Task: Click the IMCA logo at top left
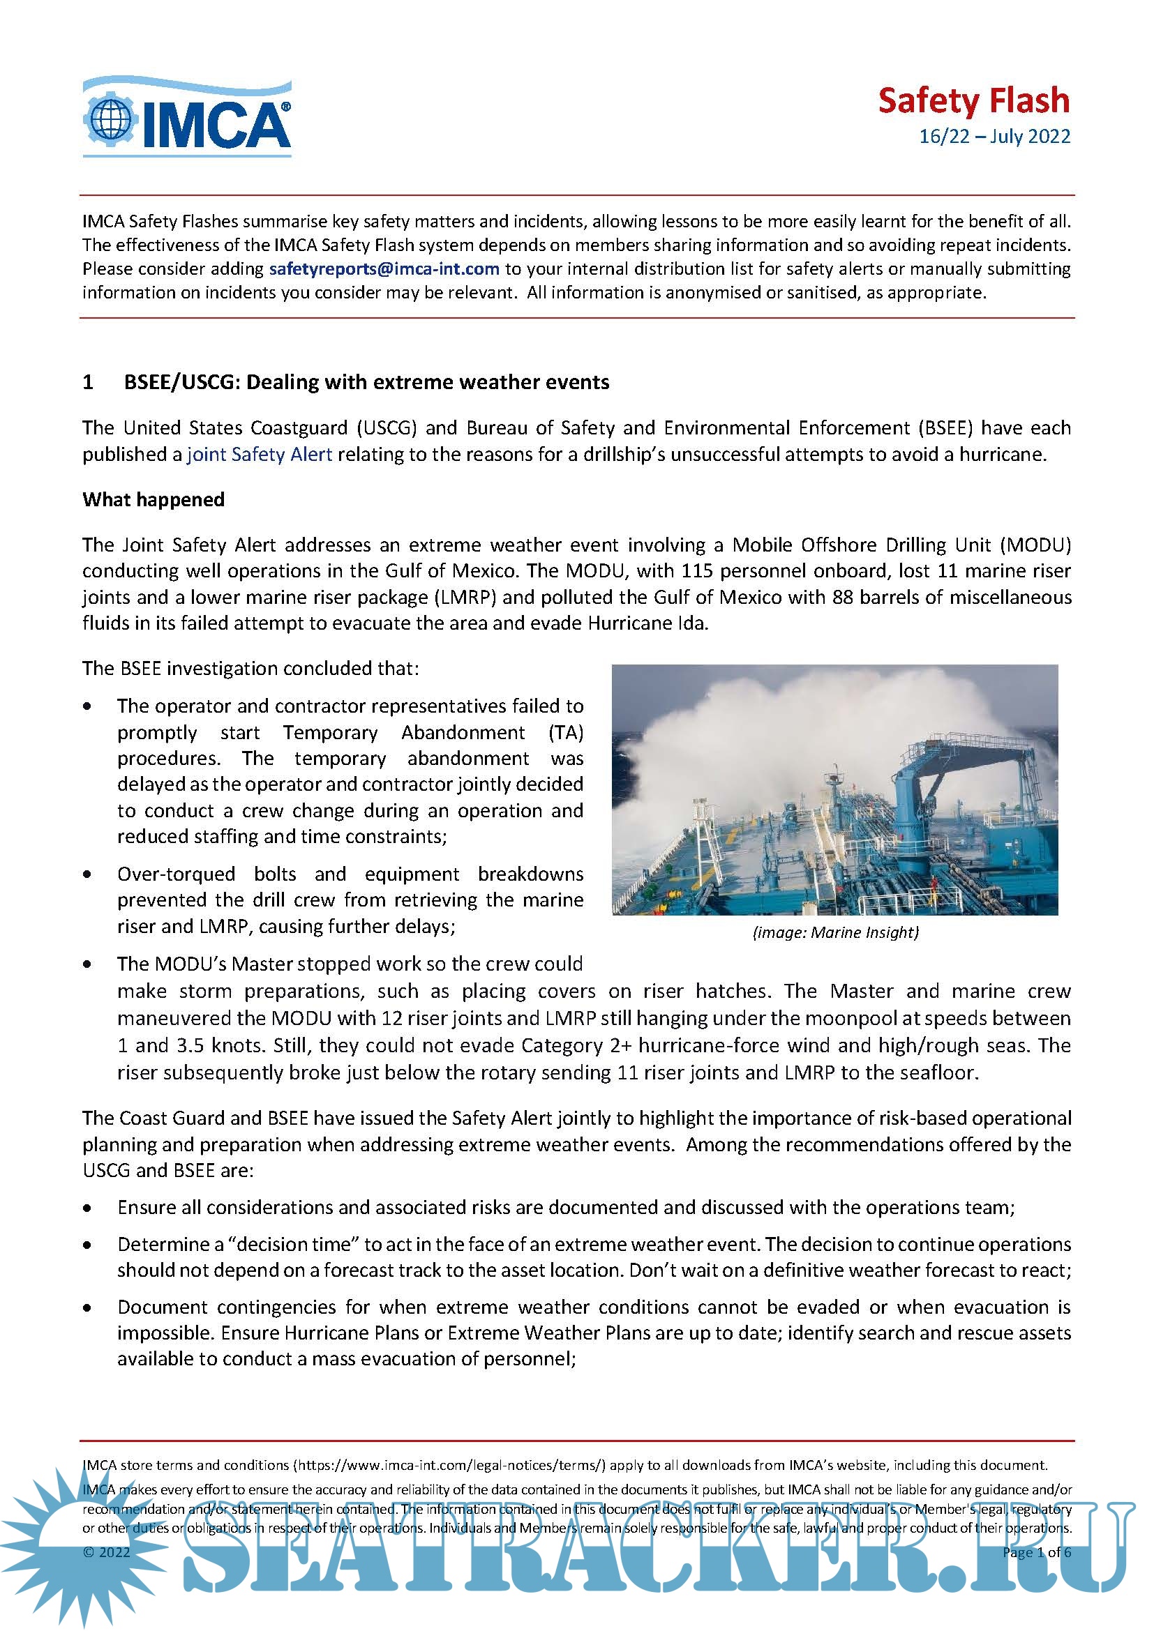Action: click(187, 118)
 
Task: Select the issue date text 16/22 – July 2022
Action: click(994, 137)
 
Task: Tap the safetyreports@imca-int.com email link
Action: click(384, 269)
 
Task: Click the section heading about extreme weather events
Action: click(367, 382)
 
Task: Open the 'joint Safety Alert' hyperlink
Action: click(260, 455)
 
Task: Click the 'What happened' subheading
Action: click(153, 499)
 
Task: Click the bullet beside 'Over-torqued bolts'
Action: click(87, 874)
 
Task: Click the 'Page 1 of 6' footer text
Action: click(1036, 1552)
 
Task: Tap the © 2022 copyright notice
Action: click(107, 1552)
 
